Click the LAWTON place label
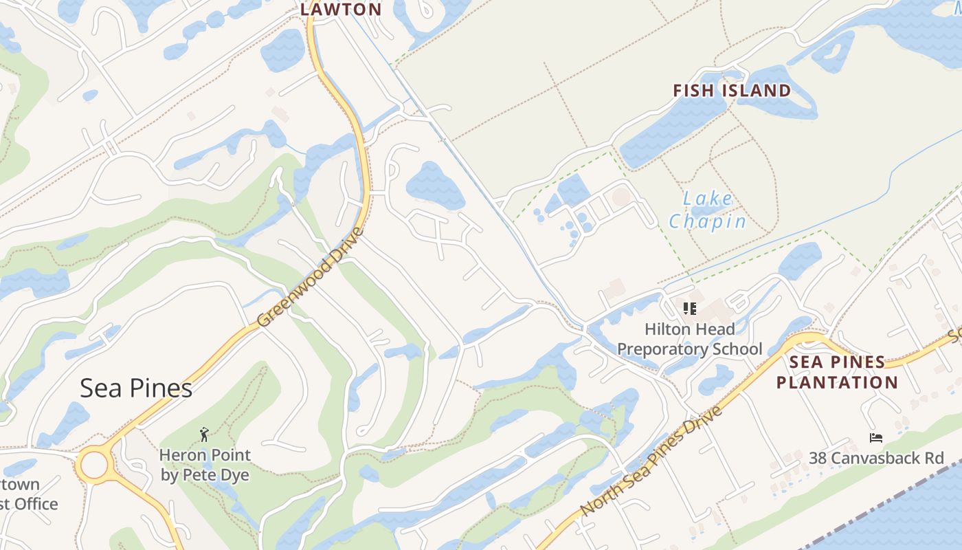(x=341, y=10)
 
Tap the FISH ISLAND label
(x=732, y=91)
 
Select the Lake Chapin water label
(x=708, y=210)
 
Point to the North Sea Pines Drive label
(x=651, y=461)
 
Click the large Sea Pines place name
(x=136, y=388)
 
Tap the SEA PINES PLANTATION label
(x=837, y=372)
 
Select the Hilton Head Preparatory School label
(x=689, y=339)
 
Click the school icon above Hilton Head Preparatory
(x=690, y=309)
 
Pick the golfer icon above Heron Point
(x=204, y=434)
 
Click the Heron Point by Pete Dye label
(x=205, y=465)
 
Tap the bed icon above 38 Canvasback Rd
(x=875, y=437)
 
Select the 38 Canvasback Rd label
(x=876, y=458)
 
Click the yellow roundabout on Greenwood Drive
(x=93, y=465)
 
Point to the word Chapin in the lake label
(x=708, y=221)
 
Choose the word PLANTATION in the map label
(x=837, y=382)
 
